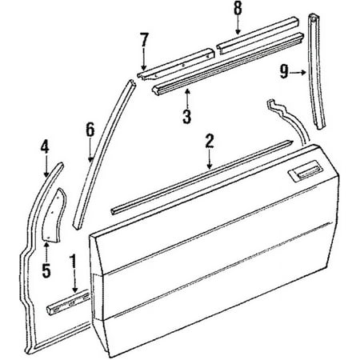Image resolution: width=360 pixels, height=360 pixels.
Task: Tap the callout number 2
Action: (x=210, y=142)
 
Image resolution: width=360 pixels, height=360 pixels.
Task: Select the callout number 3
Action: (x=187, y=117)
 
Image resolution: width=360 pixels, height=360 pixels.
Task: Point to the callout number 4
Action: (x=45, y=147)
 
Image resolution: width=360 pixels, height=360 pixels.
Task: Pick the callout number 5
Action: (x=46, y=270)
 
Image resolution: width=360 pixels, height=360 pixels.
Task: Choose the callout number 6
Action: (x=90, y=130)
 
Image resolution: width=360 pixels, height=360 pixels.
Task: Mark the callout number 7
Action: (x=144, y=40)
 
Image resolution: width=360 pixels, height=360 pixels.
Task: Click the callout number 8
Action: (x=238, y=8)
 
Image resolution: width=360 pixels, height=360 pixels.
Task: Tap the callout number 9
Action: (x=284, y=72)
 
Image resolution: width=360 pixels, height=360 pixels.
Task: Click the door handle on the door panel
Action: (x=306, y=174)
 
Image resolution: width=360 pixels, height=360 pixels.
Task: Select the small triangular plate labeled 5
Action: (x=55, y=216)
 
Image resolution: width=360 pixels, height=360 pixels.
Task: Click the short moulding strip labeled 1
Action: (x=68, y=302)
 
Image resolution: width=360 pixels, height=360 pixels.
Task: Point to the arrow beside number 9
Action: (x=298, y=72)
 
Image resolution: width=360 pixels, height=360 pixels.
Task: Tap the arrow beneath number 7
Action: (x=144, y=59)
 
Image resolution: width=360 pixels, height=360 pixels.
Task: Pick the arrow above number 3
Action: (x=187, y=98)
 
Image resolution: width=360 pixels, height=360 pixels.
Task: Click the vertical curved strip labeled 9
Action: (x=316, y=72)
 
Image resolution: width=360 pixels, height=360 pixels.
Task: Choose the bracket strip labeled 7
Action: (x=176, y=63)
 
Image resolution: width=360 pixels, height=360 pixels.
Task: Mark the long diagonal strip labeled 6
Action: (x=104, y=154)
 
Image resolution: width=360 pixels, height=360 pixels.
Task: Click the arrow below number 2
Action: (x=210, y=160)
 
